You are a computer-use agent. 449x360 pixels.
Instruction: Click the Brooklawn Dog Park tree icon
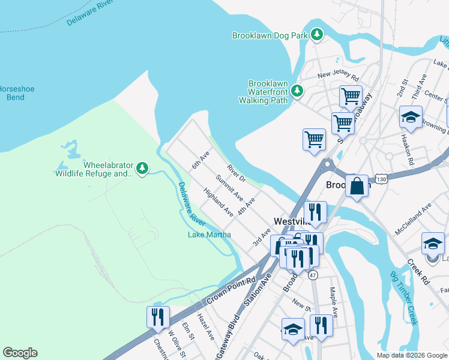click(x=317, y=35)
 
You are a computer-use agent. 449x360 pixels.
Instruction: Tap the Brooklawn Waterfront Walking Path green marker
click(x=297, y=91)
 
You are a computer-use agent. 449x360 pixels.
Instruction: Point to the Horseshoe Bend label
click(x=14, y=92)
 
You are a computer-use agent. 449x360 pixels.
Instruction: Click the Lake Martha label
click(x=209, y=234)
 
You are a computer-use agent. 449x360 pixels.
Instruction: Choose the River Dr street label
click(x=237, y=175)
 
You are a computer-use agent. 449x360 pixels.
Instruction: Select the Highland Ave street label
click(x=218, y=202)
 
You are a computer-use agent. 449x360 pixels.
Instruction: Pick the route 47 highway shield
click(x=312, y=275)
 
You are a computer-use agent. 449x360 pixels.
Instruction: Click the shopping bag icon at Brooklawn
click(x=357, y=185)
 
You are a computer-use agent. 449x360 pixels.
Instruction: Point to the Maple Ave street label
click(x=331, y=301)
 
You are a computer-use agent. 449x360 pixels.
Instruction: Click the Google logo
click(x=20, y=353)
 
